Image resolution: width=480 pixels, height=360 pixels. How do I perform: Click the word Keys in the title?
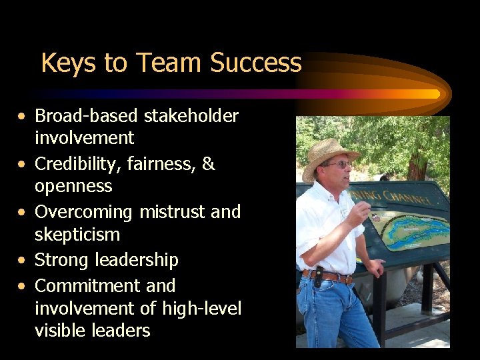pos(63,63)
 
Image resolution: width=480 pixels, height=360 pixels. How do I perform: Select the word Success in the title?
pos(255,63)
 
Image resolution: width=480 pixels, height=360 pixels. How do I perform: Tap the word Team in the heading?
pos(169,63)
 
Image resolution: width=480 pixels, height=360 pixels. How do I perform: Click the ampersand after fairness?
pos(208,164)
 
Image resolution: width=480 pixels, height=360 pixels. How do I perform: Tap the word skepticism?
pos(77,235)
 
